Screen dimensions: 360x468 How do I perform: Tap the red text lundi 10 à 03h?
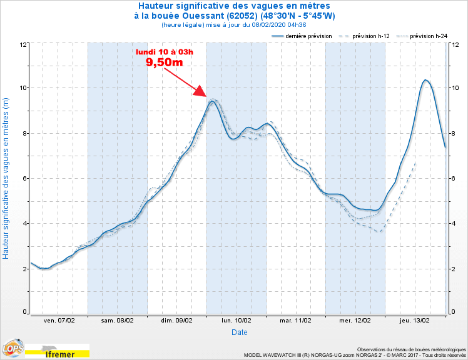coord(165,51)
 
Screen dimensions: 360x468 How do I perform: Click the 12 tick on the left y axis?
coord(23,44)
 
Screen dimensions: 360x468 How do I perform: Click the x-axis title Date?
coord(239,332)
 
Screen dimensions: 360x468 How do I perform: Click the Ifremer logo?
coord(60,354)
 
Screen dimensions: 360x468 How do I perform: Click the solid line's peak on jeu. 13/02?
coord(425,80)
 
